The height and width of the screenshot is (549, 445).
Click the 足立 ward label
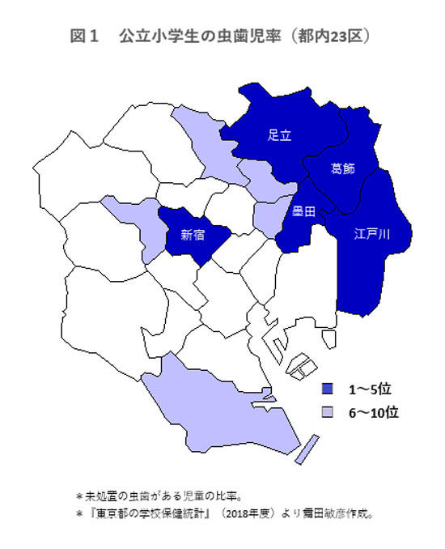(x=279, y=136)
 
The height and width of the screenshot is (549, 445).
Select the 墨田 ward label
(x=304, y=213)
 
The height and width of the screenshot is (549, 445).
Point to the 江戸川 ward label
(x=372, y=235)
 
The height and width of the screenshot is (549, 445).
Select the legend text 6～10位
(x=374, y=412)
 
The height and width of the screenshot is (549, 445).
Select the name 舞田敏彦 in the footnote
(x=337, y=513)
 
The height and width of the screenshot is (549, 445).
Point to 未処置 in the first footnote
(x=100, y=493)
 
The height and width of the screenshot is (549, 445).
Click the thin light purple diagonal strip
(x=303, y=449)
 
